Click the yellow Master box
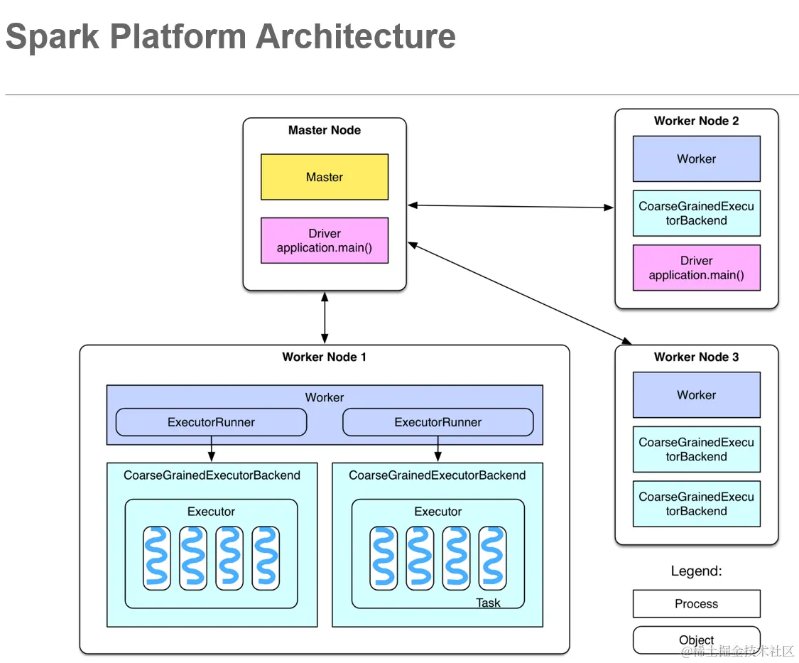click(325, 177)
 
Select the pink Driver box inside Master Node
click(325, 240)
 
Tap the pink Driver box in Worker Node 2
click(696, 268)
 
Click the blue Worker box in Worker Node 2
click(696, 158)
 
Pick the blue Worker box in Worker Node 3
click(696, 394)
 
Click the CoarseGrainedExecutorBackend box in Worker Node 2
click(696, 213)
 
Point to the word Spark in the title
click(53, 36)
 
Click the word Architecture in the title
click(356, 36)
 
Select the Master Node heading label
click(325, 130)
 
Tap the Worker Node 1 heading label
click(325, 357)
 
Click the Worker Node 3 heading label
click(696, 357)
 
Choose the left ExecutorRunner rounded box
click(211, 422)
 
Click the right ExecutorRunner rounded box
click(437, 422)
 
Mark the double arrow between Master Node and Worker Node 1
click(325, 318)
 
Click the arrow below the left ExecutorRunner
click(211, 449)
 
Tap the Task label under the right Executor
click(488, 603)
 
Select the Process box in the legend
click(696, 603)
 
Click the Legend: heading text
click(696, 571)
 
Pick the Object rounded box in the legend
click(696, 640)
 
